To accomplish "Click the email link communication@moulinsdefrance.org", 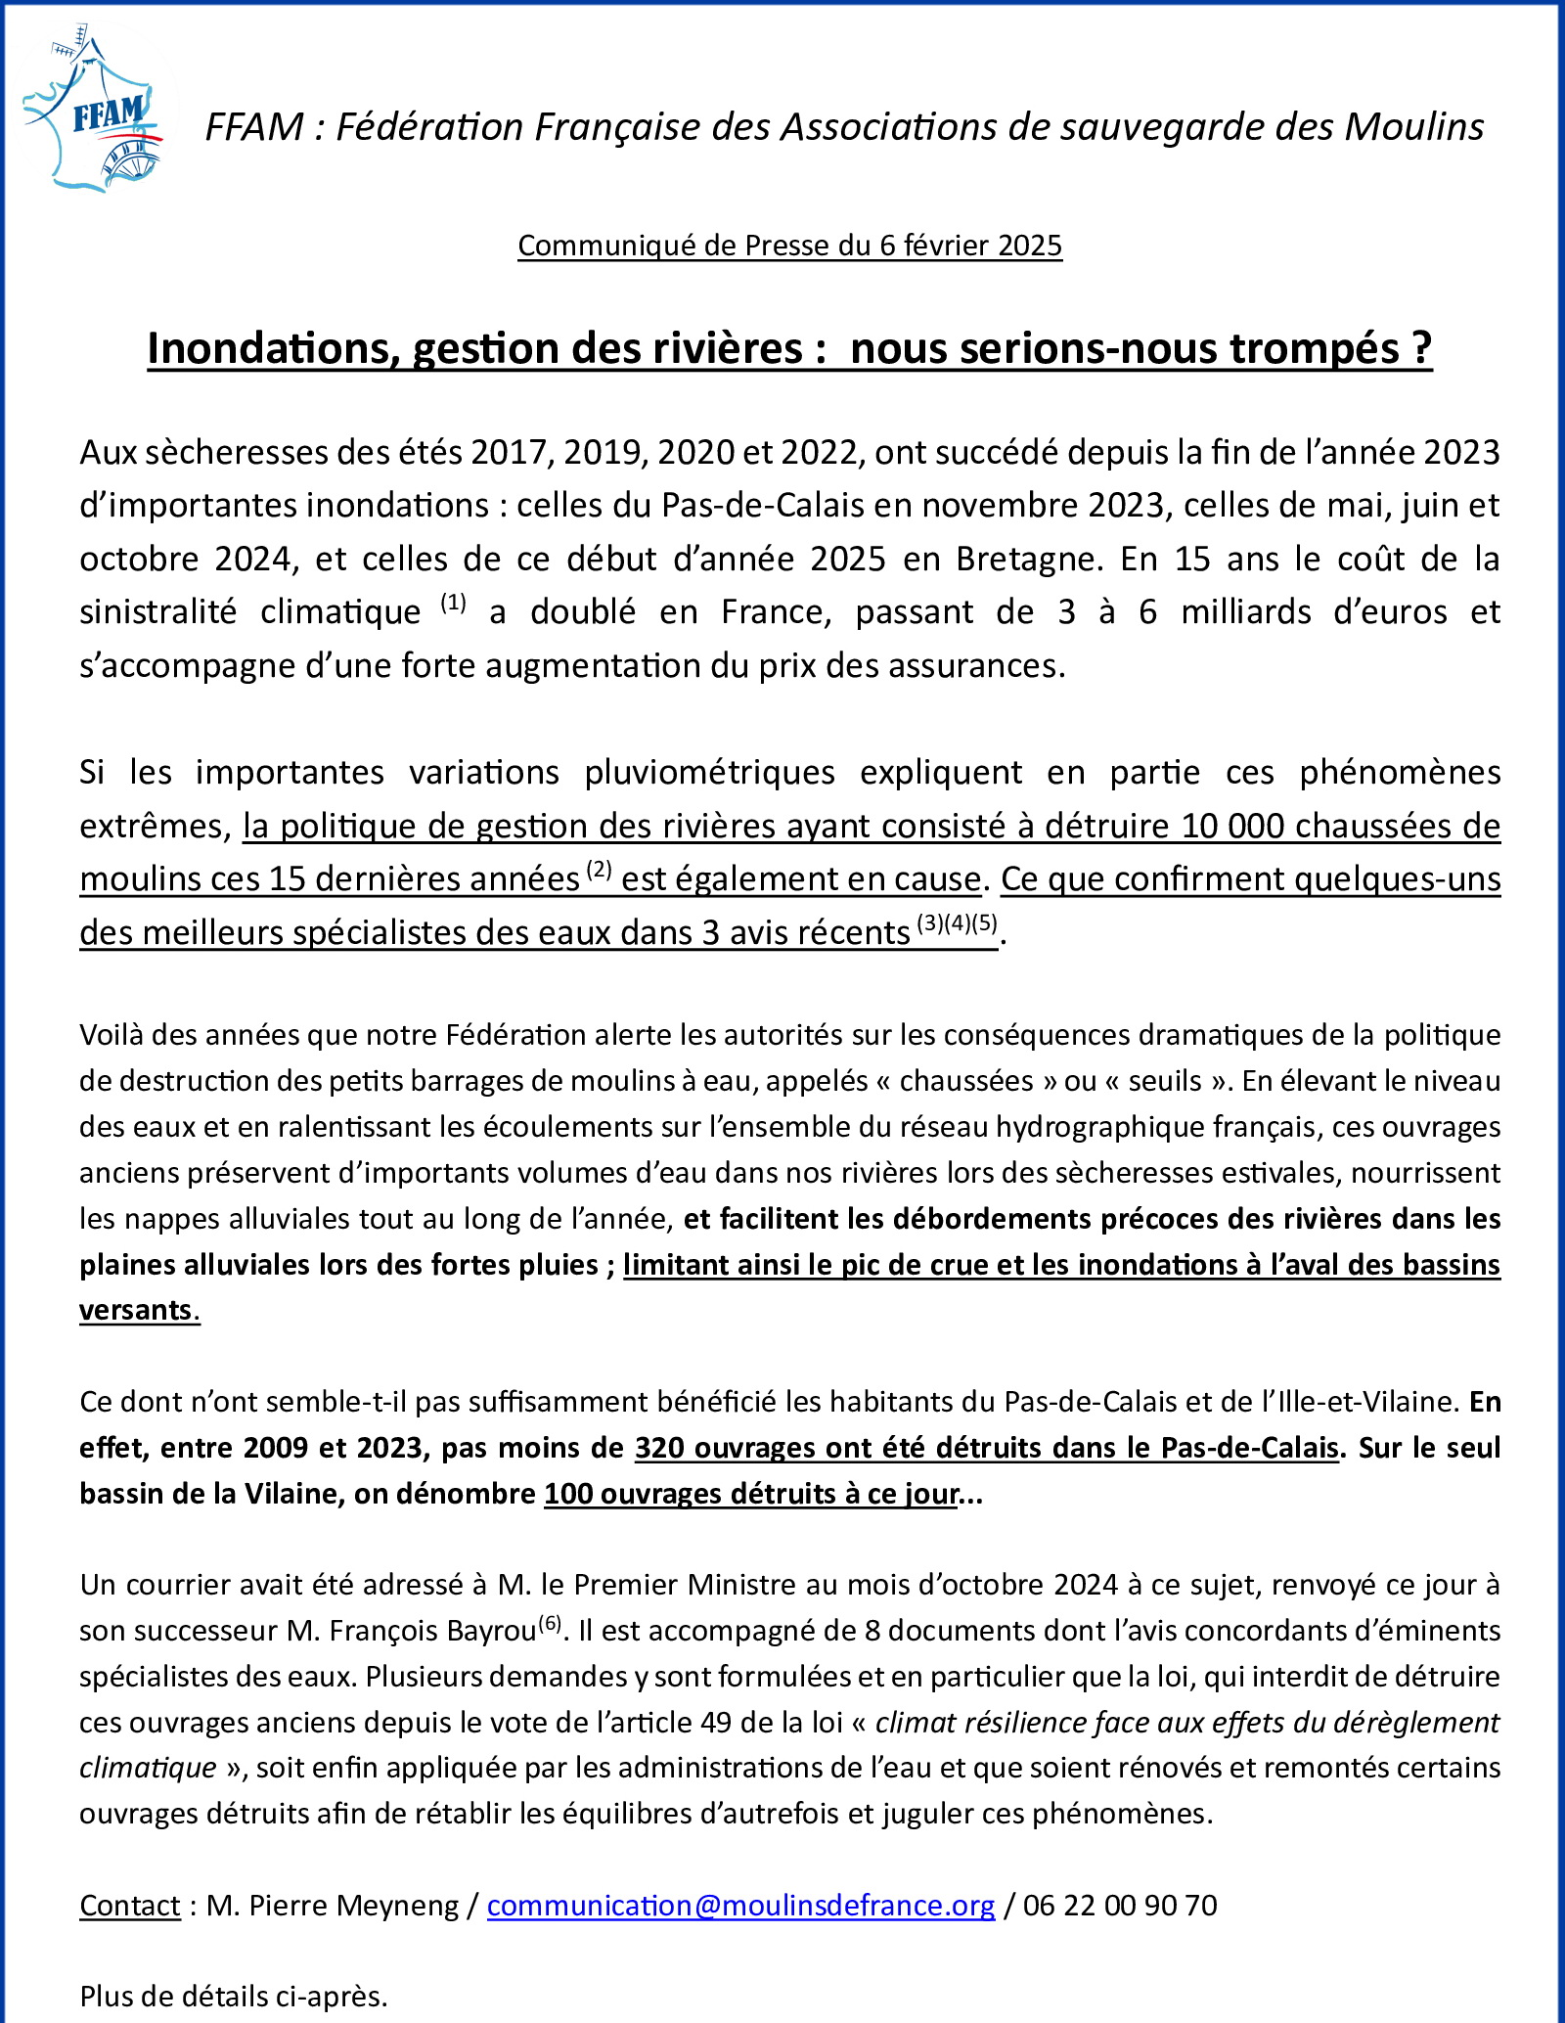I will (740, 1905).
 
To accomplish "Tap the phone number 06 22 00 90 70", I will (1120, 1905).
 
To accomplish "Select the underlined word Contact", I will (130, 1905).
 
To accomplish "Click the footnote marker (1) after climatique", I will (453, 603).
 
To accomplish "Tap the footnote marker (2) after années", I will (600, 870).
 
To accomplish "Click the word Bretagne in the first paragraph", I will (1025, 559).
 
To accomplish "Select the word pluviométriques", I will (709, 773).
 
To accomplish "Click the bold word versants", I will (137, 1310).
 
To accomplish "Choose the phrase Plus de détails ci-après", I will (234, 1996).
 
